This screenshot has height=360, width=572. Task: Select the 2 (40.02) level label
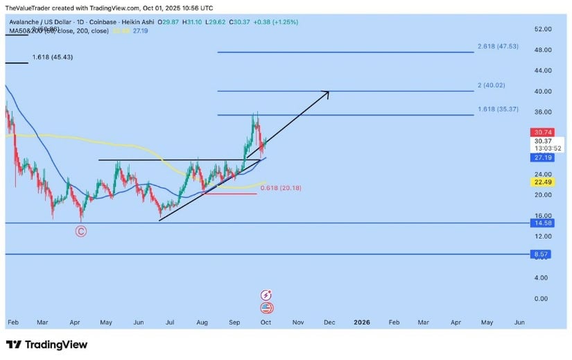pyautogui.click(x=492, y=85)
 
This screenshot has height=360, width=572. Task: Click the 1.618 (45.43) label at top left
pyautogui.click(x=52, y=58)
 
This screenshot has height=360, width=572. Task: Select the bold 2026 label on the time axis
pyautogui.click(x=362, y=323)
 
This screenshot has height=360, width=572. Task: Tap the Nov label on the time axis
pyautogui.click(x=298, y=323)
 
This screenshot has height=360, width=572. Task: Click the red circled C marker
pyautogui.click(x=81, y=231)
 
